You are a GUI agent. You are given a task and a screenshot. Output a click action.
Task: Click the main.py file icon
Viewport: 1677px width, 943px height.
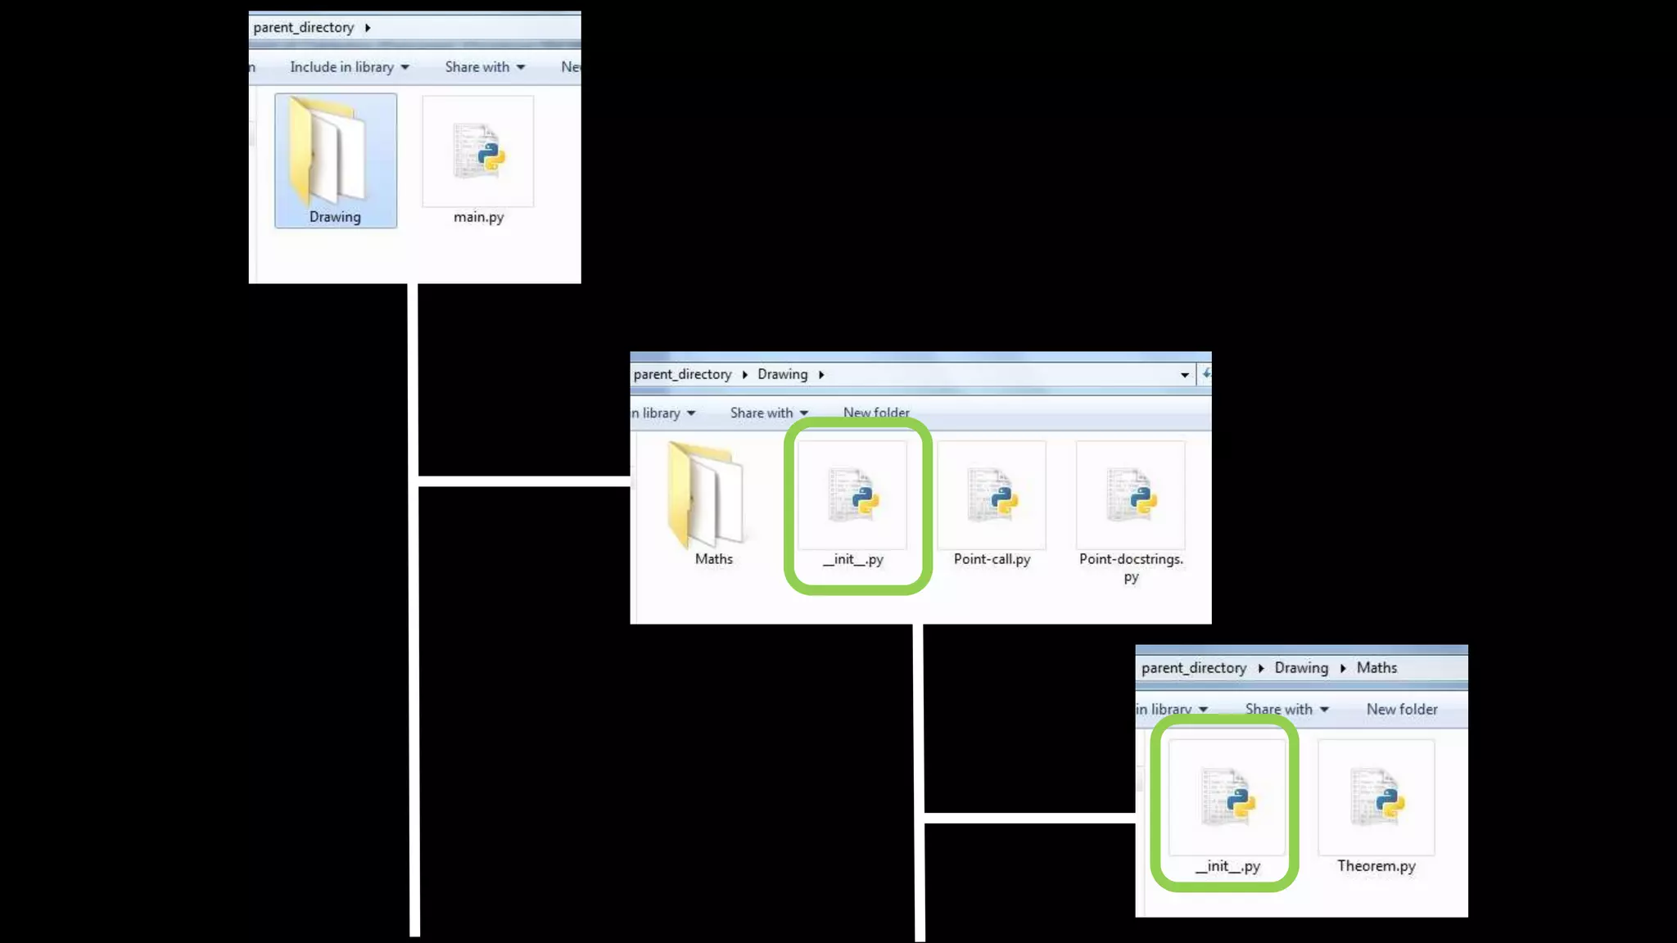479,151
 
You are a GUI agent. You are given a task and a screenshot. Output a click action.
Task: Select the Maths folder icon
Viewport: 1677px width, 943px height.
705,495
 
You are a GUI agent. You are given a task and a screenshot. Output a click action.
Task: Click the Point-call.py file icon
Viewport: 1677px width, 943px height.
992,495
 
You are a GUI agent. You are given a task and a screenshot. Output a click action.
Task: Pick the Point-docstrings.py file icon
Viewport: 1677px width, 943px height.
1131,495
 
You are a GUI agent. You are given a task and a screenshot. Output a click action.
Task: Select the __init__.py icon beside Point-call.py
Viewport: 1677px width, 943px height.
852,495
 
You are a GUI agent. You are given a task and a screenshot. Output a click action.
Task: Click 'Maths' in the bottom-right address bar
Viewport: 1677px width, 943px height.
1376,668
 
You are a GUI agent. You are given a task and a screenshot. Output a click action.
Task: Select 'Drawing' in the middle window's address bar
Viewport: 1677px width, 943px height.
782,374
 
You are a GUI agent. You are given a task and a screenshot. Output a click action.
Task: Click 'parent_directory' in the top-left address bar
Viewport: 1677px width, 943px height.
304,28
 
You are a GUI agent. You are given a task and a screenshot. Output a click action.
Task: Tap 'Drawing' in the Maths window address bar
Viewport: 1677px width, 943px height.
1301,668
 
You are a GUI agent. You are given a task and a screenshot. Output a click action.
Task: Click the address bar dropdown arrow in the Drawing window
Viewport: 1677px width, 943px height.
1184,375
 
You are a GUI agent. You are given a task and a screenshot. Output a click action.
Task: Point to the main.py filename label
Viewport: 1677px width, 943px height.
479,217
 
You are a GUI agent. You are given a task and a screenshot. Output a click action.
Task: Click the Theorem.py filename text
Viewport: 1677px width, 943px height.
1376,866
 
